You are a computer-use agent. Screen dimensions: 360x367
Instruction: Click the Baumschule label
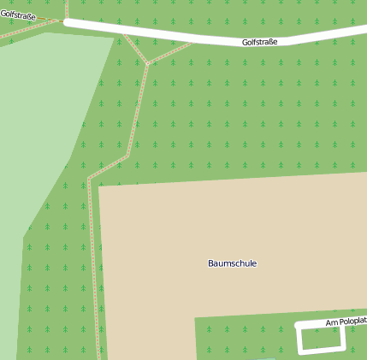(232, 263)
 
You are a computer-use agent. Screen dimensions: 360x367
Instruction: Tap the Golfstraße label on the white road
(259, 41)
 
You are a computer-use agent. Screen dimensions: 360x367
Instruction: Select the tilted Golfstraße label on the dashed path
(18, 15)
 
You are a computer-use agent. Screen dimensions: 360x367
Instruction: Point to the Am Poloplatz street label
(346, 322)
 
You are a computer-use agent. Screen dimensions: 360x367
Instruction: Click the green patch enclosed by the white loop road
(321, 339)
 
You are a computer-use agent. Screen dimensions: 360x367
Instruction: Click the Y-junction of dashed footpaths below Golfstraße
(147, 63)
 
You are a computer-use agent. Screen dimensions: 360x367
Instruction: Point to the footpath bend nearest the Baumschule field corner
(89, 180)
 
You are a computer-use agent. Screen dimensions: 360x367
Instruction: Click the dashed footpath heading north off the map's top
(66, 7)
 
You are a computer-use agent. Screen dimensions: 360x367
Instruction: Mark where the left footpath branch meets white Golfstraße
(125, 33)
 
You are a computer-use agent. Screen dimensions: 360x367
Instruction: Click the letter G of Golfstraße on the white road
(245, 41)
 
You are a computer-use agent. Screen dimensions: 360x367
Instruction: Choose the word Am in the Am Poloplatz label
(331, 323)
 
